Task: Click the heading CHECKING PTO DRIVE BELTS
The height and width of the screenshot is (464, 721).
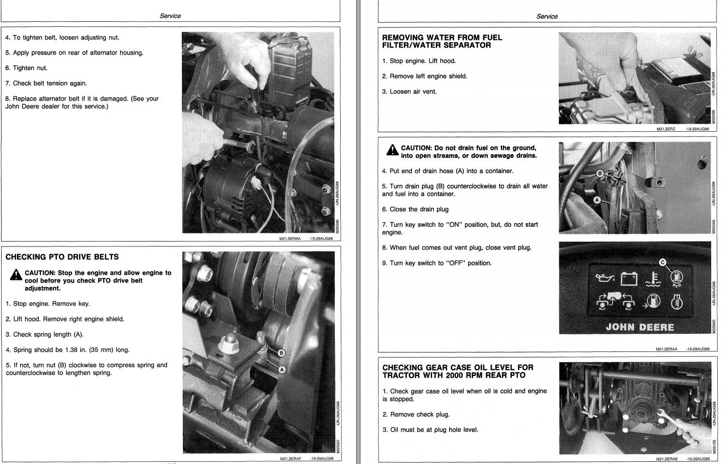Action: point(62,257)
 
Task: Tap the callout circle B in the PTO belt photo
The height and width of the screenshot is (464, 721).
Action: point(281,353)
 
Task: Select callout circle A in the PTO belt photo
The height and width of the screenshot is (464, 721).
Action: point(282,370)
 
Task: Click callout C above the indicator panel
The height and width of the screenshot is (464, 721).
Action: point(663,262)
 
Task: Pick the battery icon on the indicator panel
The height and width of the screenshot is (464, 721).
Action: point(629,279)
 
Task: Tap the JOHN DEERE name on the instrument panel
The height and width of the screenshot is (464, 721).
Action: point(640,327)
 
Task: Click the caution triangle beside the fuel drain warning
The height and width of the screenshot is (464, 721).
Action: point(392,150)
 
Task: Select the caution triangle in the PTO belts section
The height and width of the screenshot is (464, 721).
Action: point(16,275)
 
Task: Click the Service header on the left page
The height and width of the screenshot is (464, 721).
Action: point(170,16)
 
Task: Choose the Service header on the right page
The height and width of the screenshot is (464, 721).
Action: point(547,16)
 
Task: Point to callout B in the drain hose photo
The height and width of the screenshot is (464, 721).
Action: point(600,174)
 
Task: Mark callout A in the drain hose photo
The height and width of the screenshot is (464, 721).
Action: point(597,200)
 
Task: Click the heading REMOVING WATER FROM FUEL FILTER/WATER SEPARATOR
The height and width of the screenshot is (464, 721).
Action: point(442,42)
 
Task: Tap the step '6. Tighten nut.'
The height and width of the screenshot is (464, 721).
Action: point(26,68)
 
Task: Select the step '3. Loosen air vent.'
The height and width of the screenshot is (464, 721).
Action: point(409,91)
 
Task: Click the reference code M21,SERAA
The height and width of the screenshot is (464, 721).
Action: point(666,349)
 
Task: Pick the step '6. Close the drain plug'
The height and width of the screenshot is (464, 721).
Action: point(415,209)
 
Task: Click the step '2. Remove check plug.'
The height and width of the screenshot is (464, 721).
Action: point(416,414)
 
